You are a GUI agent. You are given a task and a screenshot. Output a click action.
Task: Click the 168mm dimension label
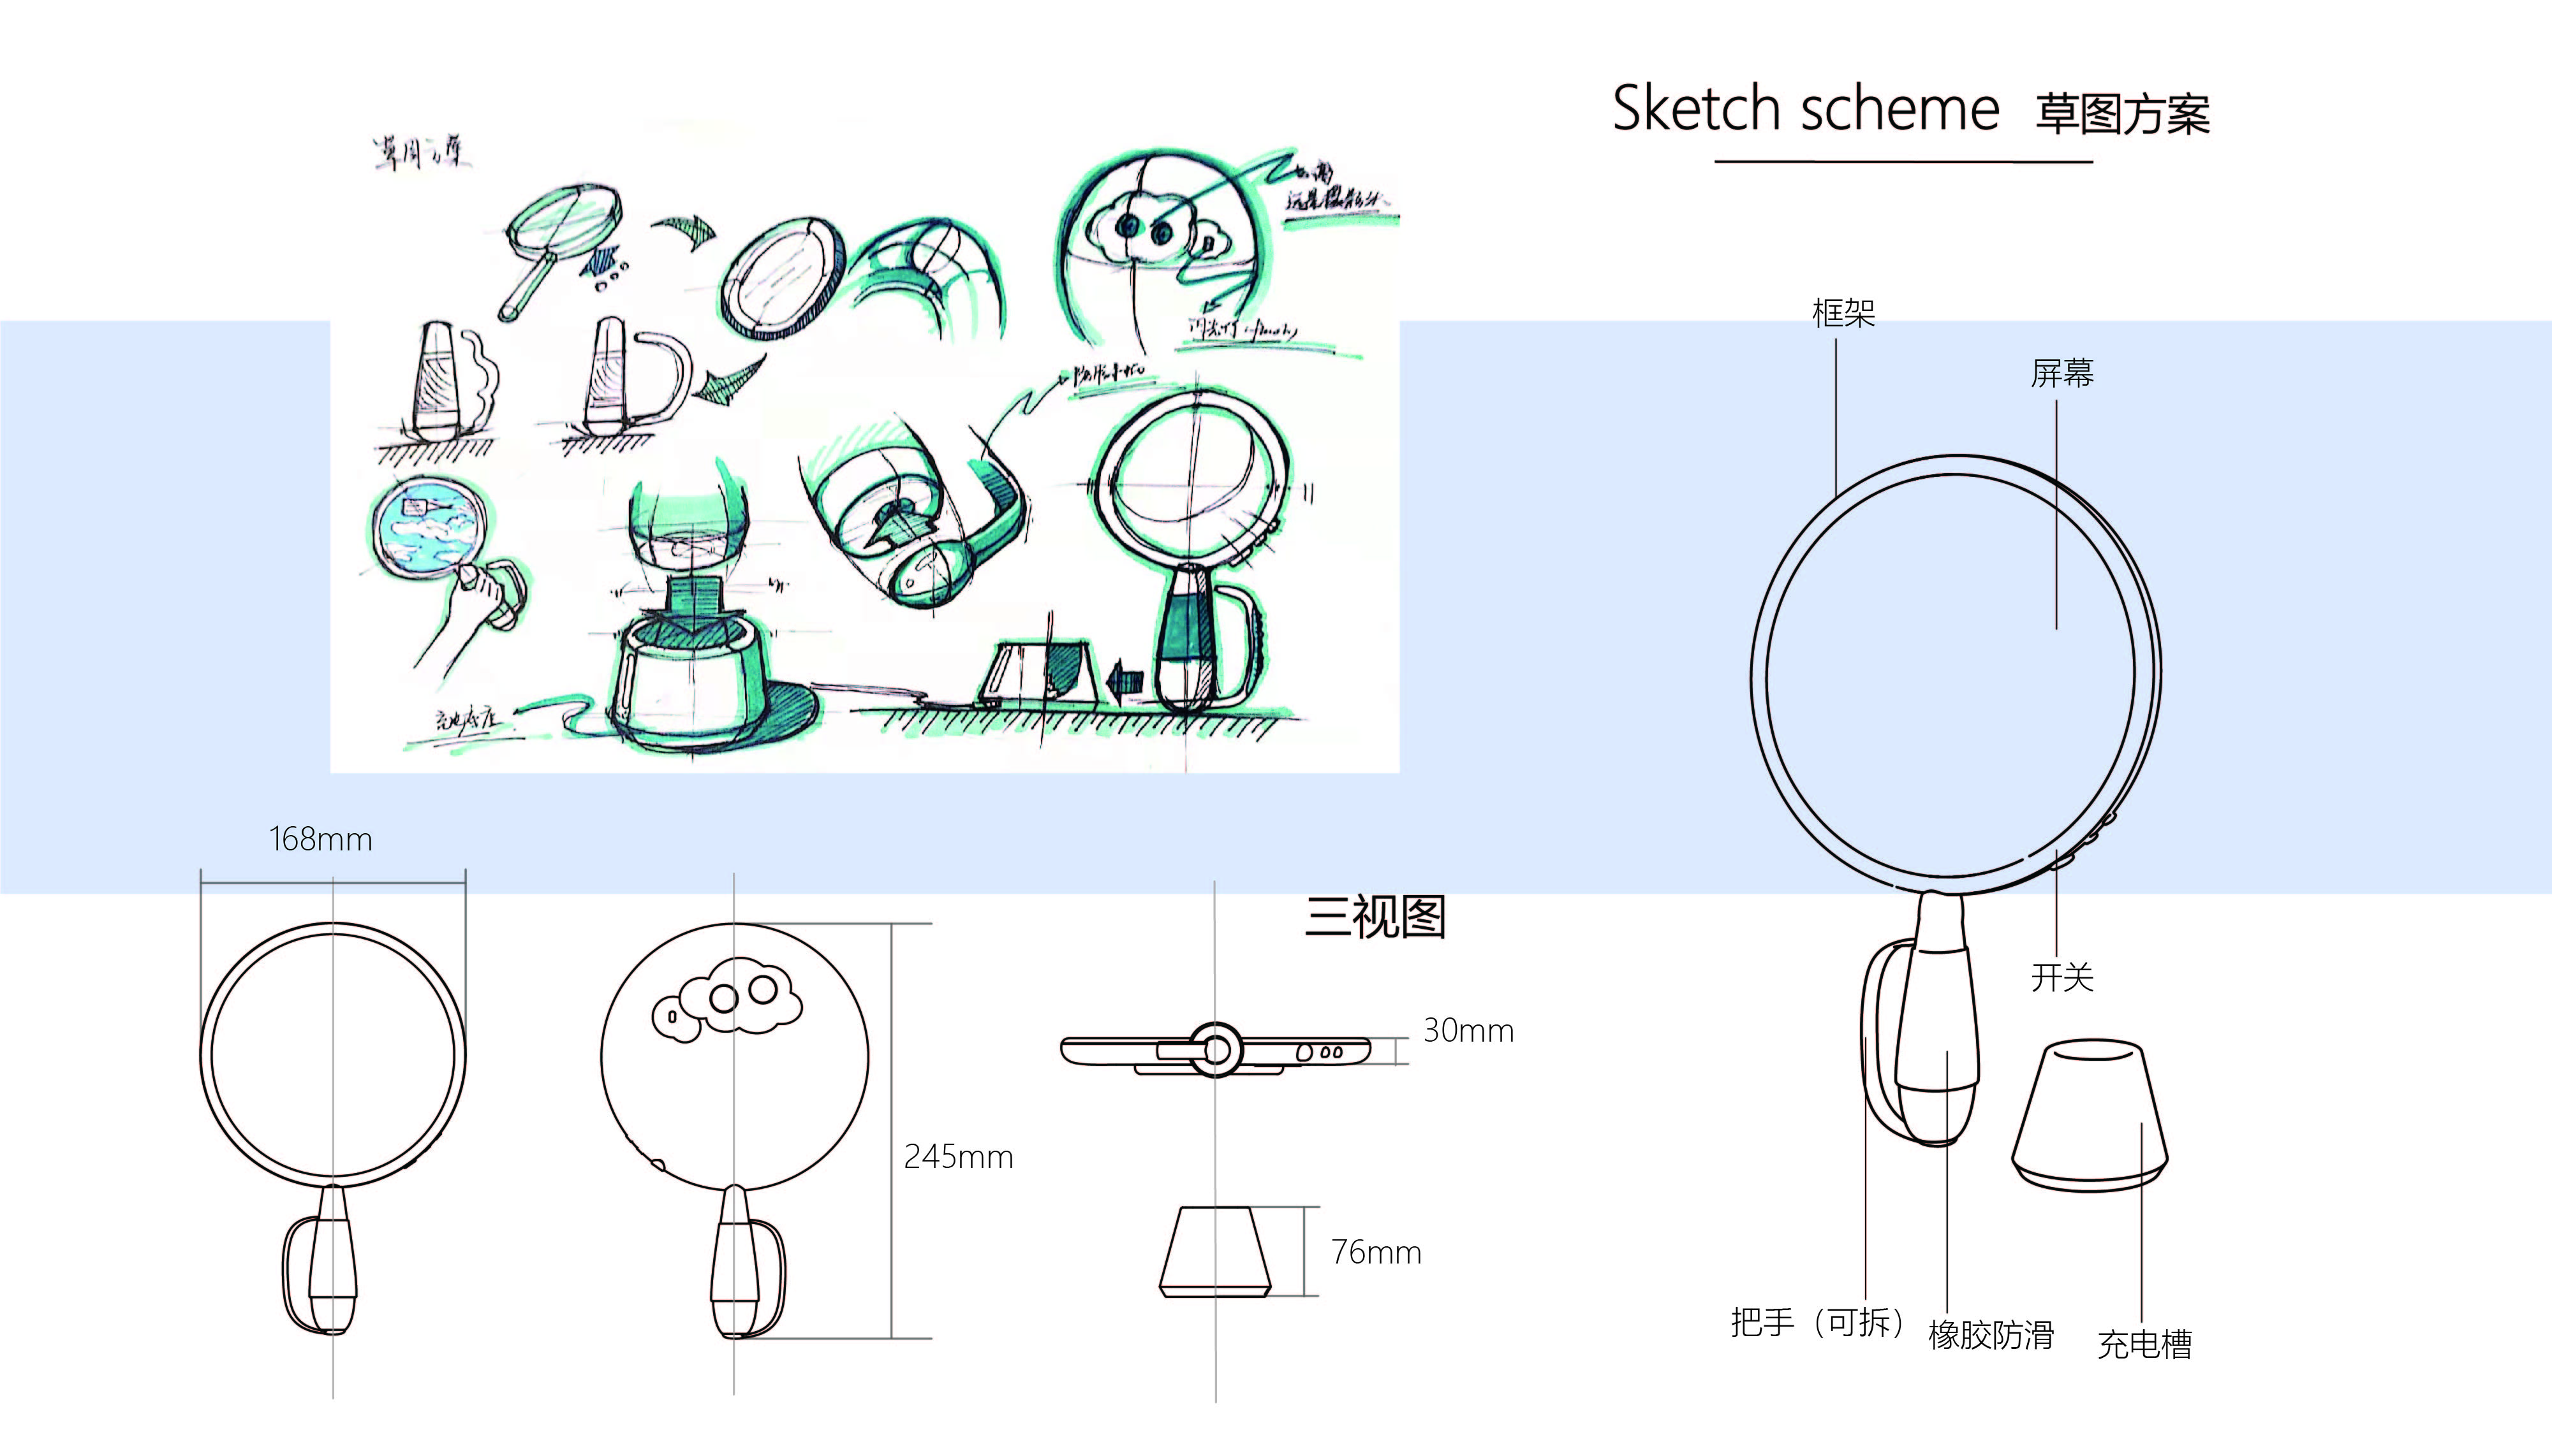(320, 840)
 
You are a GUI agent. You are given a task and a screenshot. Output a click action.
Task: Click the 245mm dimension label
(958, 1156)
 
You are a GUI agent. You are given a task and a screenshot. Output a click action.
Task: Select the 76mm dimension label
(1375, 1253)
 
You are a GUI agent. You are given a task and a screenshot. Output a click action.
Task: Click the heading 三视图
(1375, 917)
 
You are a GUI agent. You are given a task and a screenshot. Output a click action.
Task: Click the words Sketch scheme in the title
(1805, 109)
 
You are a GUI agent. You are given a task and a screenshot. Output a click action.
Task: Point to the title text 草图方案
(2122, 115)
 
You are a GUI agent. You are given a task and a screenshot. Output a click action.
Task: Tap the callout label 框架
(1843, 313)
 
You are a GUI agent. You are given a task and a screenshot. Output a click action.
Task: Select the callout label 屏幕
(2062, 374)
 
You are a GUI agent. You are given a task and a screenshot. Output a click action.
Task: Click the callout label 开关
(2062, 977)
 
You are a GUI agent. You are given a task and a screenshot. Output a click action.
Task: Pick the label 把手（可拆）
(1815, 1322)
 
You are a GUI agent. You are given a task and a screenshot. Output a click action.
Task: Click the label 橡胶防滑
(1990, 1335)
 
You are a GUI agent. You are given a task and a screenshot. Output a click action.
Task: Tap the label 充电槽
(2144, 1344)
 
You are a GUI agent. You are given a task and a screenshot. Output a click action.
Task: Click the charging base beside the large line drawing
(2090, 1114)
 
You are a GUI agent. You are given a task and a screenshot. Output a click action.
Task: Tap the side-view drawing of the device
(1216, 1050)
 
